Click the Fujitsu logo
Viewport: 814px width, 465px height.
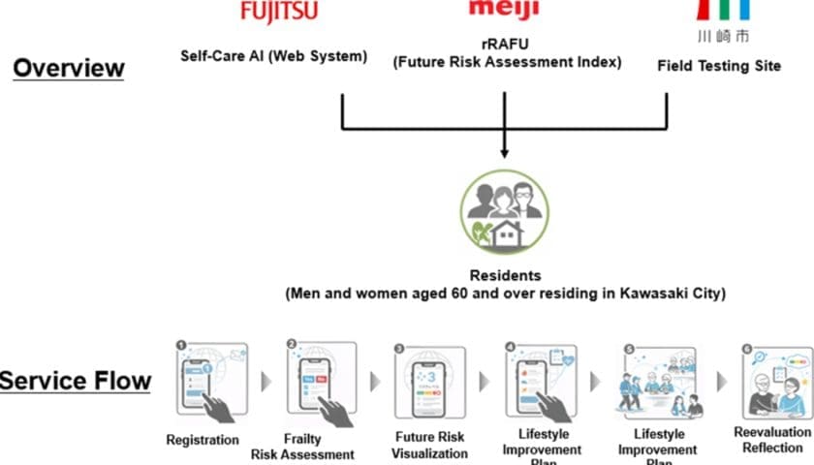(278, 12)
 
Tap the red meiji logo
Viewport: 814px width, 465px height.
(503, 9)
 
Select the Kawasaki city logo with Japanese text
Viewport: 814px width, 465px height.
(723, 21)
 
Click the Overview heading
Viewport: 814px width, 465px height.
(69, 69)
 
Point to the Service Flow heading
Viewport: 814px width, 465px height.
(76, 381)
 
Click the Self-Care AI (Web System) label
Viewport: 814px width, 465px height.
(274, 56)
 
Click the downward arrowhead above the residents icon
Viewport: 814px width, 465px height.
(503, 151)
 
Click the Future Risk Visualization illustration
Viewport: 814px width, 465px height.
(430, 385)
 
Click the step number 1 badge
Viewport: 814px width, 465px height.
(180, 345)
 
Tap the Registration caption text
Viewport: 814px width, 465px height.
(202, 440)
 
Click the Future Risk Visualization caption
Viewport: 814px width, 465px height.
(429, 445)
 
